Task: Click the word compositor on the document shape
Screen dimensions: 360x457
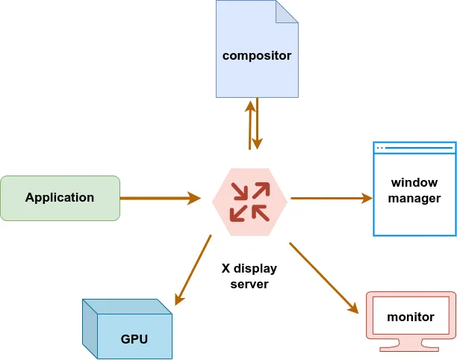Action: point(257,55)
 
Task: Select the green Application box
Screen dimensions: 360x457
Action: point(60,198)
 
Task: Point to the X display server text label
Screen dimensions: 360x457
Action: point(249,276)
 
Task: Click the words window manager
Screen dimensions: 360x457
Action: point(414,190)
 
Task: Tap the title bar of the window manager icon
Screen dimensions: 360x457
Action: point(414,147)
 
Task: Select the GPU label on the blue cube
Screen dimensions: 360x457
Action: point(134,338)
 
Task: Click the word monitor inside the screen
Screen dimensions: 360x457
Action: point(411,317)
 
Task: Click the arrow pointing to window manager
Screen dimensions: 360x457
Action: point(329,198)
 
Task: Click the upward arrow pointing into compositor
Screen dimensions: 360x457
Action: point(249,123)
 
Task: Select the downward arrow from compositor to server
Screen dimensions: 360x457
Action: point(258,123)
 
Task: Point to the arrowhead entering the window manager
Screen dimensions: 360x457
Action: point(367,198)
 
